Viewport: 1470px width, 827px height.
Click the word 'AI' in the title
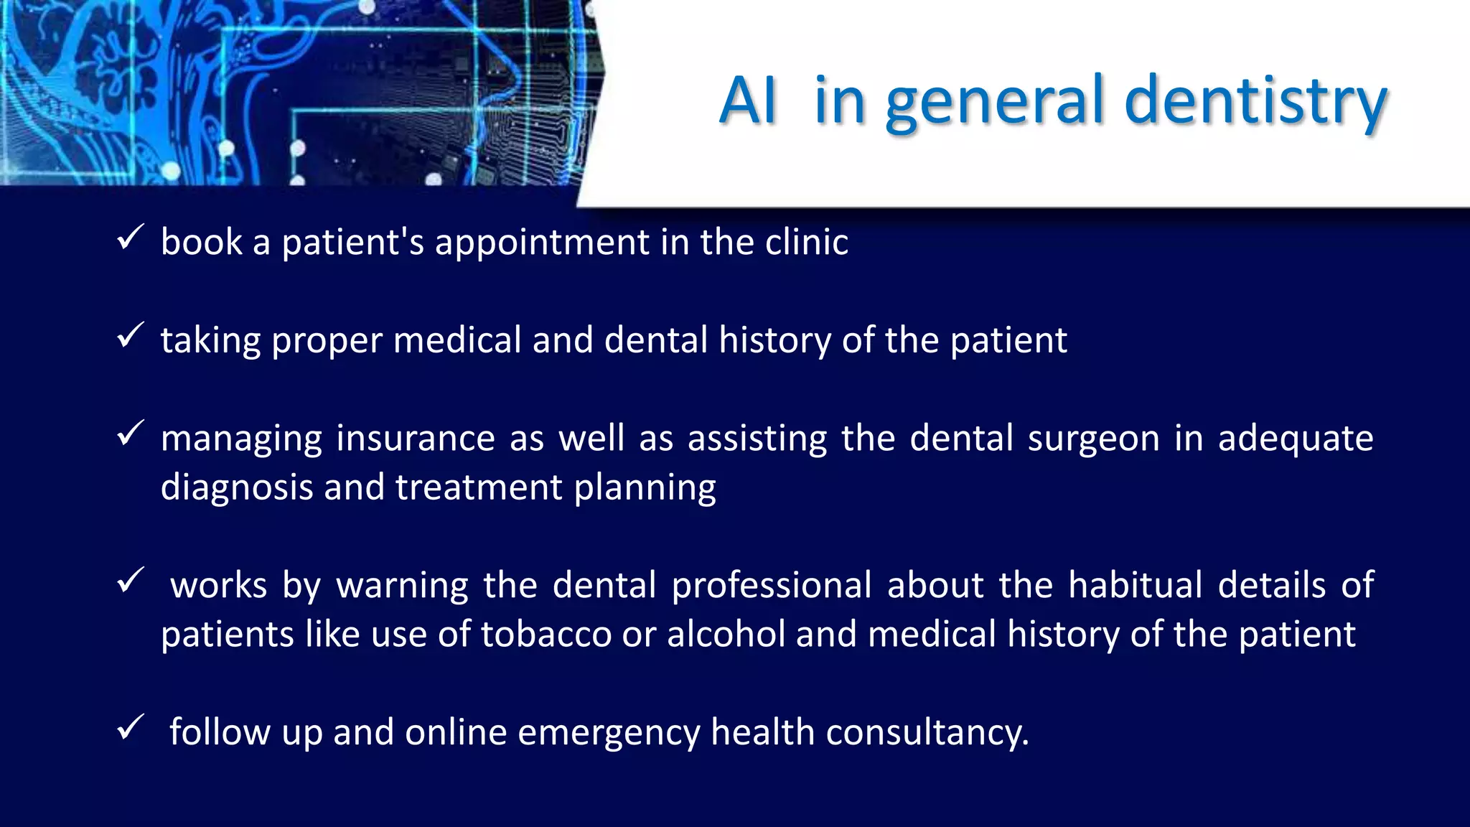point(748,101)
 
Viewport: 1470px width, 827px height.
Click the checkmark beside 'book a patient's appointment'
point(131,238)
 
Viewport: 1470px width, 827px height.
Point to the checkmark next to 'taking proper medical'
point(131,335)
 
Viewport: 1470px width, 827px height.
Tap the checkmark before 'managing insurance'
point(131,434)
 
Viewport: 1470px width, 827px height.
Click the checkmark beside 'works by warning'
point(131,581)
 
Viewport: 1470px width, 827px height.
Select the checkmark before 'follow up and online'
point(131,728)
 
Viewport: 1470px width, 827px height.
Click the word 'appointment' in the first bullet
point(542,243)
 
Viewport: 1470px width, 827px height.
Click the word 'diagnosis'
point(237,488)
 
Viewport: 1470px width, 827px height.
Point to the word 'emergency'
point(609,733)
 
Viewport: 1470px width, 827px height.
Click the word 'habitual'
point(1135,585)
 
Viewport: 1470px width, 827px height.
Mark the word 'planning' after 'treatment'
point(645,488)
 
